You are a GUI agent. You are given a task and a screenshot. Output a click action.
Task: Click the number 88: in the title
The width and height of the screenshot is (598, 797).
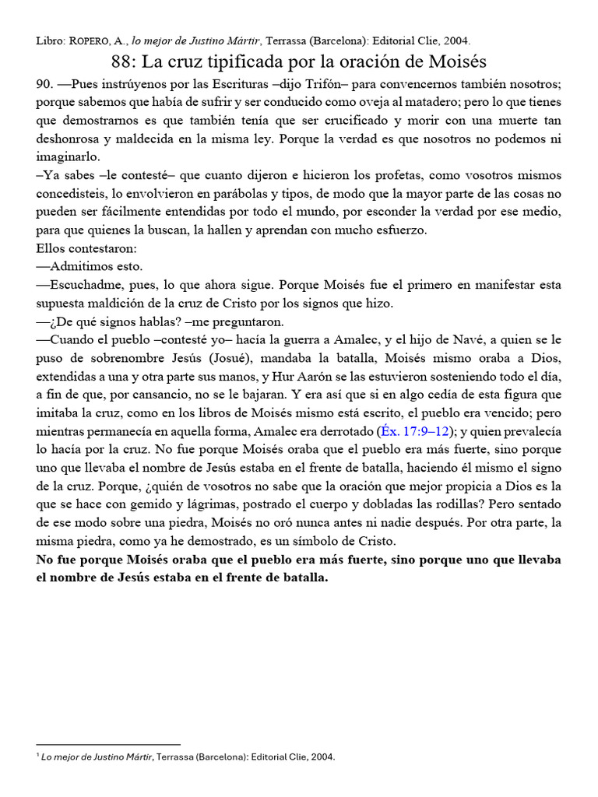[x=122, y=61]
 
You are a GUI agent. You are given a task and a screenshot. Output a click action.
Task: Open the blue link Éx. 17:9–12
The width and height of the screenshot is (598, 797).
[x=413, y=433]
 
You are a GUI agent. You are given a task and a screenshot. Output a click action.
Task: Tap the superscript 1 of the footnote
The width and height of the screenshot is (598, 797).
[x=38, y=753]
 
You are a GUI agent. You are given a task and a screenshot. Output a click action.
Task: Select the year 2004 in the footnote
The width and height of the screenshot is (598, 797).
[x=323, y=756]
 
